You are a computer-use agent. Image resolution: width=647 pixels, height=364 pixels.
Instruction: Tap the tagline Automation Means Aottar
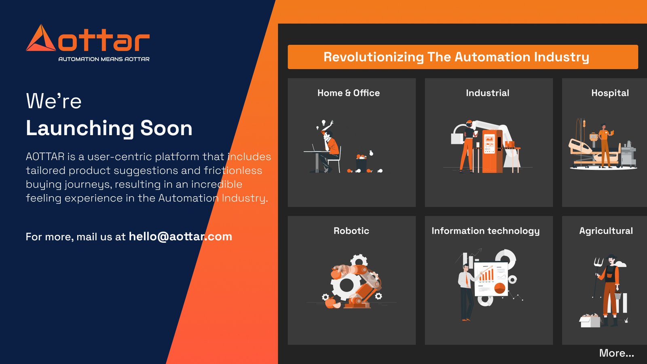[x=104, y=59]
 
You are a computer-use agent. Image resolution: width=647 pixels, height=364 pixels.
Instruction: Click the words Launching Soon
[x=109, y=128]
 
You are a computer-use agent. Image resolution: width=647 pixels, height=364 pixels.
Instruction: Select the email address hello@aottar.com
[x=180, y=237]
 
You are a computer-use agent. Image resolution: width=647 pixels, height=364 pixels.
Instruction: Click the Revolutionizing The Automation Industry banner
[x=463, y=57]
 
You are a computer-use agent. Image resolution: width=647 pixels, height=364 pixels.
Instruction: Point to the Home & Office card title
[x=349, y=93]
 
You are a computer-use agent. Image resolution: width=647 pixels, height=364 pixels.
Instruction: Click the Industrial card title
[x=488, y=93]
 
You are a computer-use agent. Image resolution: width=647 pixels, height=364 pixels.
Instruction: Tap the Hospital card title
[x=610, y=93]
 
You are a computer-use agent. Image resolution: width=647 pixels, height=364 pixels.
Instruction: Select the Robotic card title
[x=351, y=231]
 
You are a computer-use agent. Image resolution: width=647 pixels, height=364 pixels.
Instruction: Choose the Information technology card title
[x=486, y=231]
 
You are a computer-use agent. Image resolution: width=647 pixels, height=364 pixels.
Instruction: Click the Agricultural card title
[x=606, y=231]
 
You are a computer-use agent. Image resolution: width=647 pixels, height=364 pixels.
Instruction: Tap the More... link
[x=617, y=353]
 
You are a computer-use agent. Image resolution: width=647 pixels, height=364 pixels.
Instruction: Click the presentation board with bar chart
[x=491, y=279]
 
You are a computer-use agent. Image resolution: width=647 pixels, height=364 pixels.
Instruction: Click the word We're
[x=54, y=101]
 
